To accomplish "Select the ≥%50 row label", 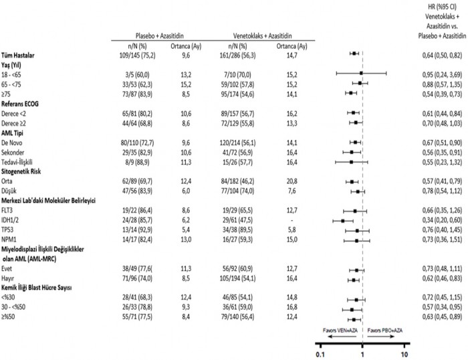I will click(x=11, y=301).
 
